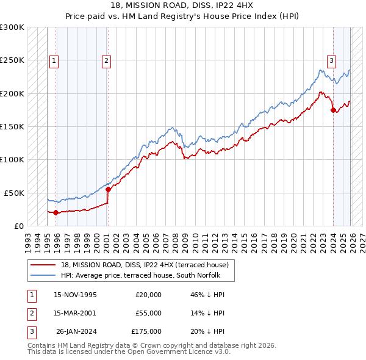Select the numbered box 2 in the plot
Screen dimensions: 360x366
tap(106, 60)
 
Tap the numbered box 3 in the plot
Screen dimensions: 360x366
tap(331, 60)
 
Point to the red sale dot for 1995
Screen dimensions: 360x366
tap(56, 212)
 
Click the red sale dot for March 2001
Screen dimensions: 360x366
tap(108, 189)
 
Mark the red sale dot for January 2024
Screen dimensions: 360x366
tap(333, 110)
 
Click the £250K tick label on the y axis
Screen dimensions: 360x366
tap(12, 60)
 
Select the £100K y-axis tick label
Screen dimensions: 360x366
tap(12, 159)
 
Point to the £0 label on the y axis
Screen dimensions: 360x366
tap(18, 225)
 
